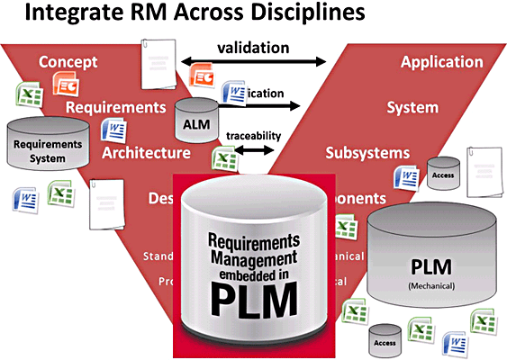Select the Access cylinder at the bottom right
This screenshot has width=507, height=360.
385,339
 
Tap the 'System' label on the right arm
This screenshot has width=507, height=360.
412,108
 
